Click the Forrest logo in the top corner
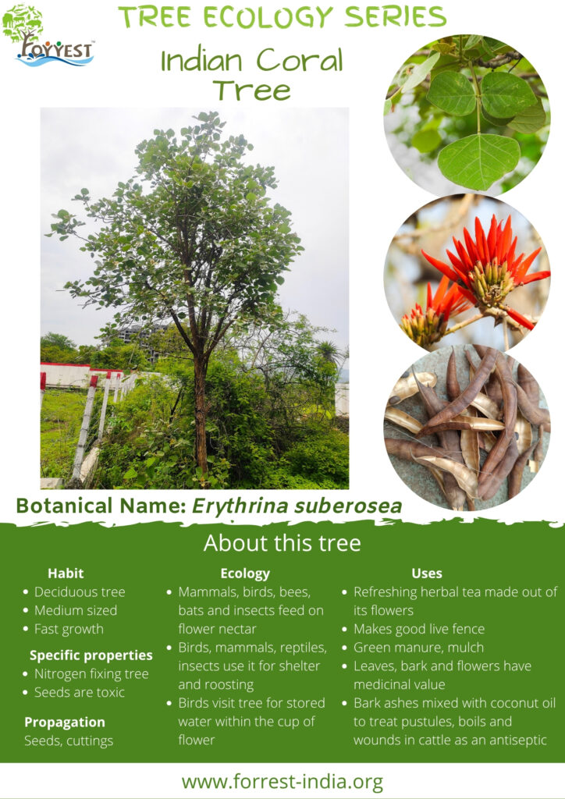tap(48, 37)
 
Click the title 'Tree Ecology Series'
tap(282, 17)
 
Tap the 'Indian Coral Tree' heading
tap(252, 74)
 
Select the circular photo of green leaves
tap(467, 114)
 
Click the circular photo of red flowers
tap(467, 274)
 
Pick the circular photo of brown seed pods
tap(467, 428)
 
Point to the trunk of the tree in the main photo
tap(201, 413)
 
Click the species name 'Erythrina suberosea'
tap(297, 506)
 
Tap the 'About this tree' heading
tap(282, 543)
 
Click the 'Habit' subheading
tap(66, 574)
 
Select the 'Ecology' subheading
tap(245, 574)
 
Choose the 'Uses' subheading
tap(426, 574)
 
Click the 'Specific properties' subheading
tap(91, 655)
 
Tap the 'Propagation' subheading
tap(65, 723)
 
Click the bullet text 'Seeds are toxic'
tap(80, 692)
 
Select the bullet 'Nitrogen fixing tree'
tap(92, 673)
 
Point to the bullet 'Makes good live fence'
tap(419, 630)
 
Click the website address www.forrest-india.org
tap(282, 782)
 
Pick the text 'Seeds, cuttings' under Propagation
tap(69, 741)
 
